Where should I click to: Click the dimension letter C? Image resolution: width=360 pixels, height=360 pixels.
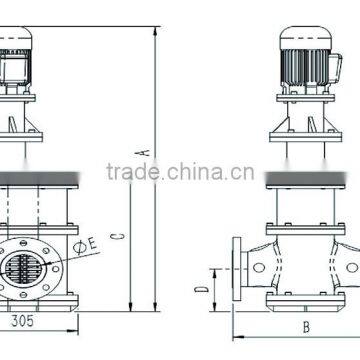[x=117, y=235]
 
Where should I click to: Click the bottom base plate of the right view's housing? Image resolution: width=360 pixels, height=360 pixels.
[x=302, y=305]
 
